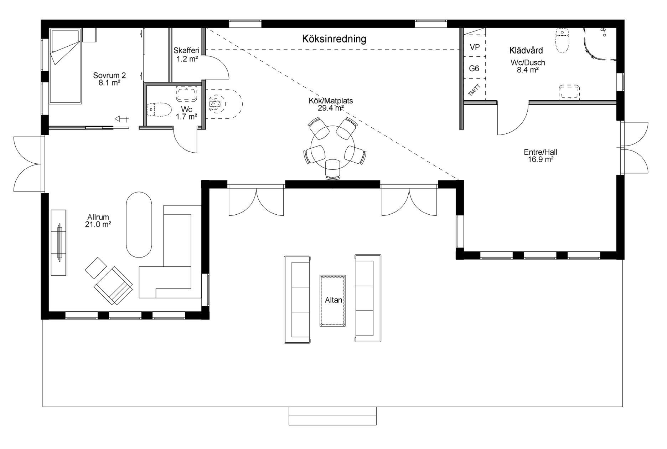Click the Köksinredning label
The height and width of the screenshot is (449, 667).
334,39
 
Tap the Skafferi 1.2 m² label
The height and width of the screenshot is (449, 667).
186,55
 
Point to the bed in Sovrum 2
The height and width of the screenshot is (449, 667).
65,67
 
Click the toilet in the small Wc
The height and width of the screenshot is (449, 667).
159,109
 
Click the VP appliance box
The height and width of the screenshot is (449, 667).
475,47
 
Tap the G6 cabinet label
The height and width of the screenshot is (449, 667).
474,68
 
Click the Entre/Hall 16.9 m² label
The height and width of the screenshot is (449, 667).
540,156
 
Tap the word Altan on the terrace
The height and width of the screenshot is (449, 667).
333,300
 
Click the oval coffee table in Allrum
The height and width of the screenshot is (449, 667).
139,225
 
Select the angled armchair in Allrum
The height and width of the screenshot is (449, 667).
113,285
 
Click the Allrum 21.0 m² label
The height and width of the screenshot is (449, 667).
98,221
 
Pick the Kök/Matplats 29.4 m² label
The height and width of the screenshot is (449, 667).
331,104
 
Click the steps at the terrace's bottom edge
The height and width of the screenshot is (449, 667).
332,416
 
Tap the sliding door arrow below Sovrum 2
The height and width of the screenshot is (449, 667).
121,119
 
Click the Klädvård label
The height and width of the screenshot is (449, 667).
526,50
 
